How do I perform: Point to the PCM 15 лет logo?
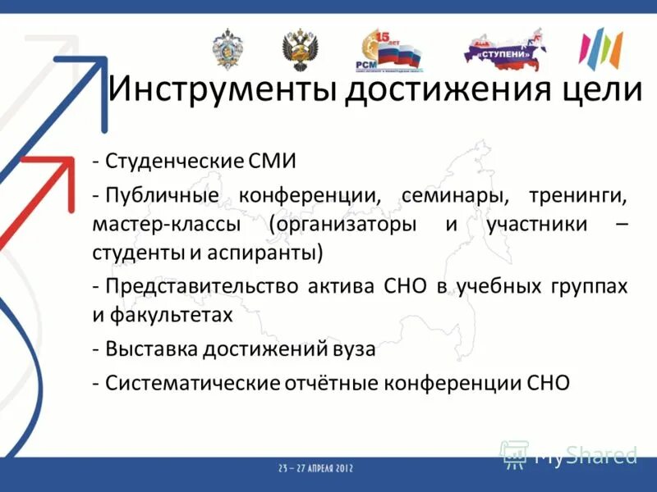tap(386, 51)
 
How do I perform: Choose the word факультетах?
tap(174, 313)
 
